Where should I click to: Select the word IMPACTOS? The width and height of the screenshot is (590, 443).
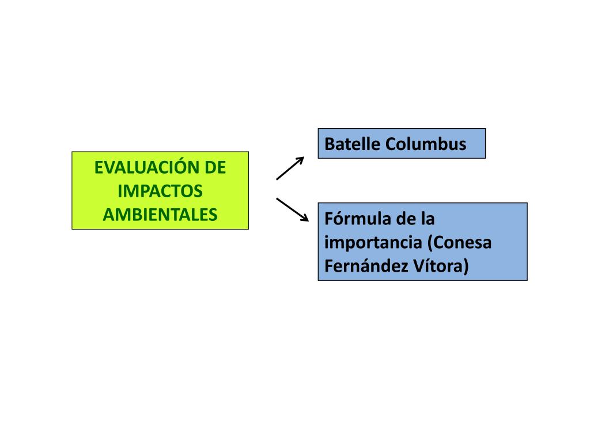(x=160, y=191)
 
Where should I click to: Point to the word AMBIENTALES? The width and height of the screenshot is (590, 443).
(x=160, y=214)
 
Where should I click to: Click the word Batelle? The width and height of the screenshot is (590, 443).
(x=353, y=144)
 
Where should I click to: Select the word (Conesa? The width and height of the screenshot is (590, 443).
(x=459, y=243)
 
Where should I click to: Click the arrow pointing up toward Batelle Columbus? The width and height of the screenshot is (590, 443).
(x=290, y=168)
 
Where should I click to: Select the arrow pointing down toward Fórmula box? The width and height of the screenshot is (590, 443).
(x=293, y=209)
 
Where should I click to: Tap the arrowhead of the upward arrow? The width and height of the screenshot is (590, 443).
(x=300, y=160)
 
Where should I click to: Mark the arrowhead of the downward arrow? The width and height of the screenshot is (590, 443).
(x=305, y=219)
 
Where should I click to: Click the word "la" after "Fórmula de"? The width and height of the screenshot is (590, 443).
(x=426, y=219)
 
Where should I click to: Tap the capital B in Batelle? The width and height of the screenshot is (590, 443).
(x=329, y=144)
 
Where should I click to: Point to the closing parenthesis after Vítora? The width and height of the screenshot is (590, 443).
(x=466, y=266)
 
